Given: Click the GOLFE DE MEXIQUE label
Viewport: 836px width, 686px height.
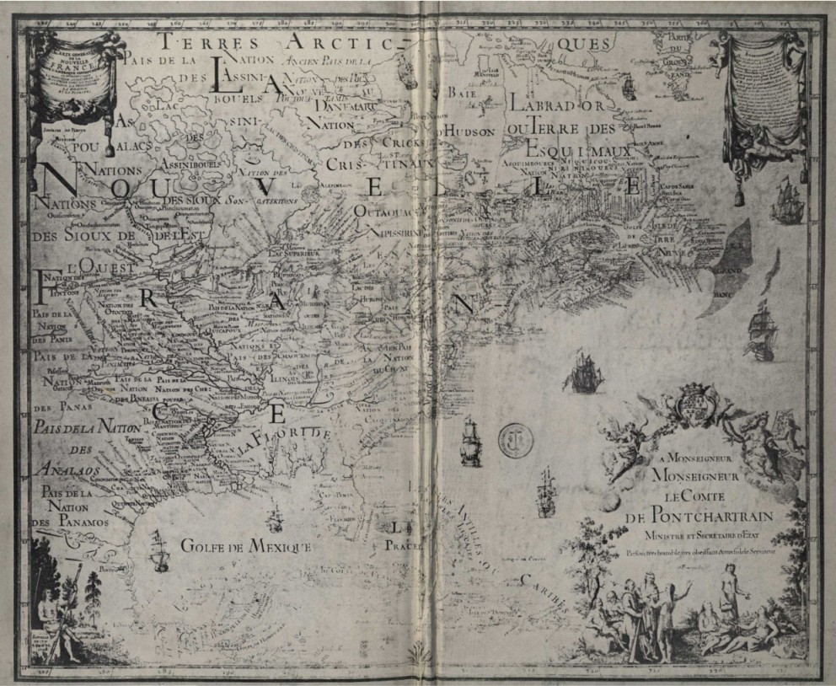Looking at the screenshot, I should click(x=246, y=546).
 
